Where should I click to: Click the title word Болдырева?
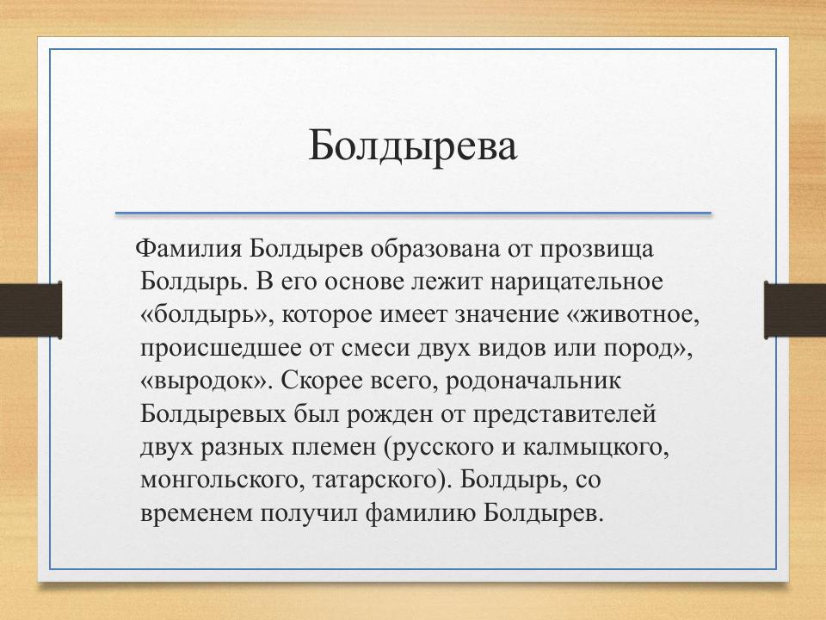click(x=413, y=146)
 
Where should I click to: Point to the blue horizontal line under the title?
click(x=413, y=213)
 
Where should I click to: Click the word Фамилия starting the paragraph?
click(x=190, y=249)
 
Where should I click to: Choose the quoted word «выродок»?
click(x=205, y=381)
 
